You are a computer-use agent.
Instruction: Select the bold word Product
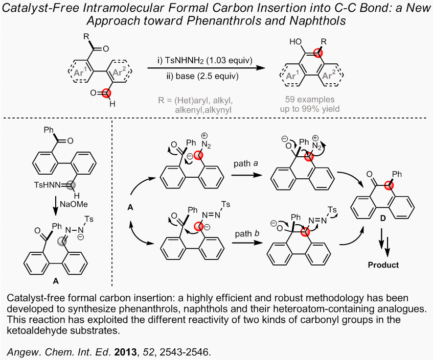click(383, 265)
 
